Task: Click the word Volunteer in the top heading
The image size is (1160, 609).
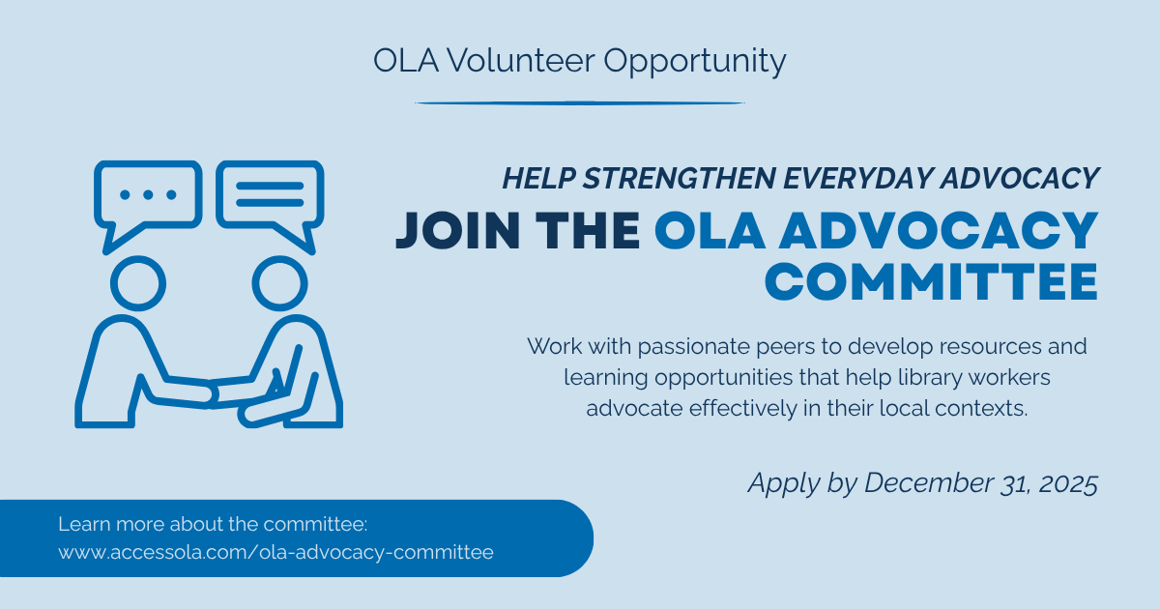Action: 520,61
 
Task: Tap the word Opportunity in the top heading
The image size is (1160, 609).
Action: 694,63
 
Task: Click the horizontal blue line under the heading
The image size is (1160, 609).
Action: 579,103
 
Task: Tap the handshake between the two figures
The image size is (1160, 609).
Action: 209,394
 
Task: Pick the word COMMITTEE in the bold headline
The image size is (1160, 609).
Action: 931,281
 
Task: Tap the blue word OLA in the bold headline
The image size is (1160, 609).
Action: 710,230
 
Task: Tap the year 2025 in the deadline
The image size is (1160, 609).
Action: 1068,483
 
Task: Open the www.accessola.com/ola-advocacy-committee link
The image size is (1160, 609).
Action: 276,553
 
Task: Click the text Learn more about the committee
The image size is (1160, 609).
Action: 213,524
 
